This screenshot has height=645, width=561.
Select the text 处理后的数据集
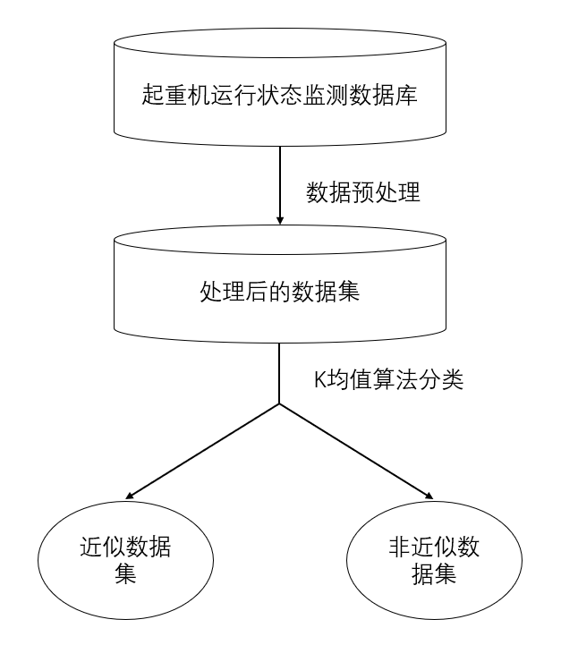point(279,293)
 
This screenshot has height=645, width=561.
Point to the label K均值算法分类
point(387,378)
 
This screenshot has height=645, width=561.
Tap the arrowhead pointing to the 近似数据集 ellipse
point(132,495)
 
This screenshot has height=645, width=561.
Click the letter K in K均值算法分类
point(318,378)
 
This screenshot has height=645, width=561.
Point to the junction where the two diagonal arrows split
point(280,404)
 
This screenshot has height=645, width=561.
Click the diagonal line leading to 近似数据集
point(206,450)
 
